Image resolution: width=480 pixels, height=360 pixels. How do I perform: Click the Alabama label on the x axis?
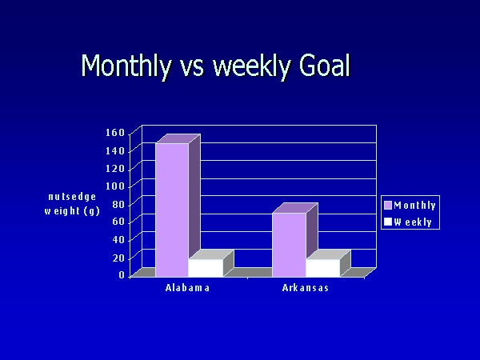187,288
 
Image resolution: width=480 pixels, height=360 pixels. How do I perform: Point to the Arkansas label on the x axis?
306,288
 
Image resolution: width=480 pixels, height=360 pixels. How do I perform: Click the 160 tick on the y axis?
115,133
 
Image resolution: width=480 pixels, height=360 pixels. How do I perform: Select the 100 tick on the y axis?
115,186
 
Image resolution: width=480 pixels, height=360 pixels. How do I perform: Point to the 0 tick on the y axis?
122,275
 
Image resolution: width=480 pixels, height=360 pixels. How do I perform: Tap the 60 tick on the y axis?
118,222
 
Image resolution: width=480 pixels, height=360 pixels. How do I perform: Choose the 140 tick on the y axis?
115,150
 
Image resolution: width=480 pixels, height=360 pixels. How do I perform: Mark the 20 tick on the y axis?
118,258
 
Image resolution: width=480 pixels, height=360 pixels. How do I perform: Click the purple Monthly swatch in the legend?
388,205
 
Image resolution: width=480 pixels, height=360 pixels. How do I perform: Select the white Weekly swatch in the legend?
388,222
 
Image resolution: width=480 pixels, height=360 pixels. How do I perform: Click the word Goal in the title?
324,66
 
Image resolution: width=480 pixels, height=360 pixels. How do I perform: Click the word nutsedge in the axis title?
72,197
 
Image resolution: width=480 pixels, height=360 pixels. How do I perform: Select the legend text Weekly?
413,222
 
